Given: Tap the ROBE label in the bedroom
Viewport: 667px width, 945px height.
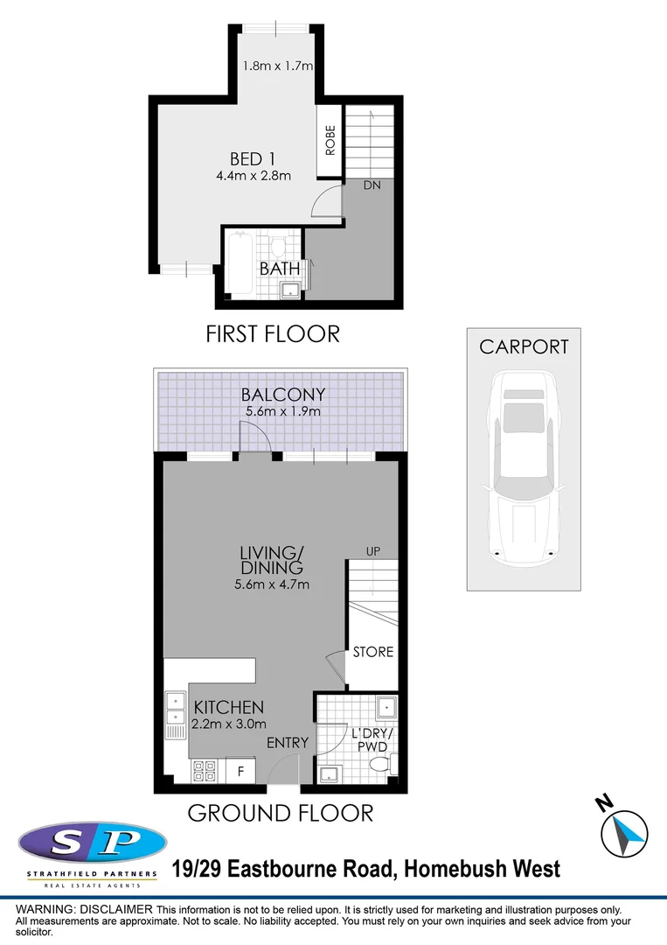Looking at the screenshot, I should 330,141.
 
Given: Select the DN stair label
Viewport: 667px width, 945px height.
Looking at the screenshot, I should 372,185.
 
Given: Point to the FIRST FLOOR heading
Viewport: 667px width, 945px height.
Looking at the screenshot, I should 272,333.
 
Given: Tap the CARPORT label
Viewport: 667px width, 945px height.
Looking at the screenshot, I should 524,346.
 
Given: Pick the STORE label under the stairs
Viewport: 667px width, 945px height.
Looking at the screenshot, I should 373,652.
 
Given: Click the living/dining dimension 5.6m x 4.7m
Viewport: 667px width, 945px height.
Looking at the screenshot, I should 272,585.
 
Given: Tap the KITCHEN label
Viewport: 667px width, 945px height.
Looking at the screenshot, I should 228,707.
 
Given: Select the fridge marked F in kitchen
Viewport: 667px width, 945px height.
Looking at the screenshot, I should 240,770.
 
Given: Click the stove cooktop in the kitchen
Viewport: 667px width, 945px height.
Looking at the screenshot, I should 205,770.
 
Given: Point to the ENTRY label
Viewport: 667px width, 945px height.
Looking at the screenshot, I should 288,743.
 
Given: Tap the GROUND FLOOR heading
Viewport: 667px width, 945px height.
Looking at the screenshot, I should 281,813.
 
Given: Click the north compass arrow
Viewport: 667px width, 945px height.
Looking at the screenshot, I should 628,833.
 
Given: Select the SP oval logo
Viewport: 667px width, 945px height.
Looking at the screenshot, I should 92,843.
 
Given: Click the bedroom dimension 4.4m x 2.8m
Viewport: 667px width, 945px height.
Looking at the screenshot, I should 254,176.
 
